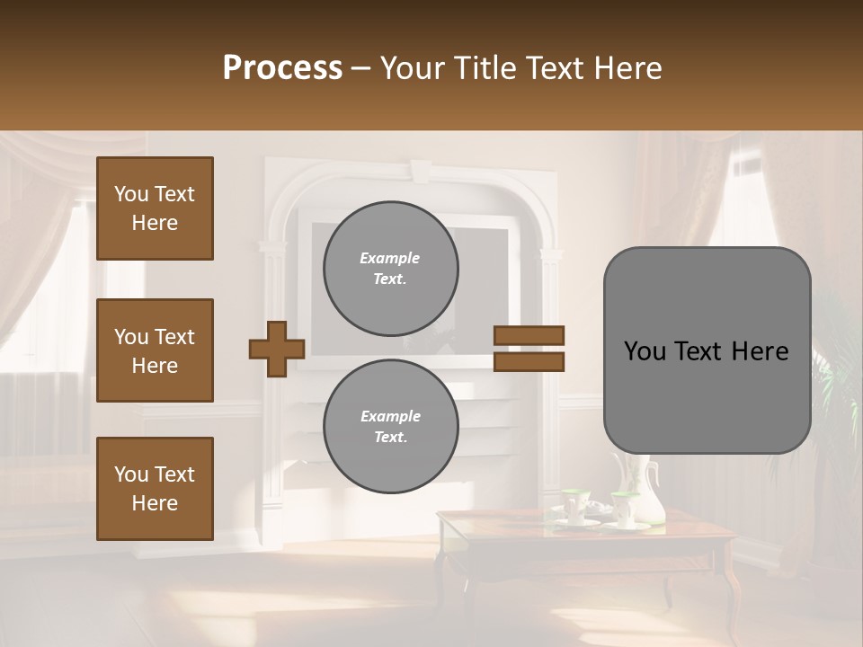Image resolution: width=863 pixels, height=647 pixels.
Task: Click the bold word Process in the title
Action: tap(282, 68)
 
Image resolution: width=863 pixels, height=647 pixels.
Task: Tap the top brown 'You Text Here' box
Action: tap(155, 208)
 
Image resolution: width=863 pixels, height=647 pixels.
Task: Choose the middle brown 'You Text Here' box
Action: tap(155, 350)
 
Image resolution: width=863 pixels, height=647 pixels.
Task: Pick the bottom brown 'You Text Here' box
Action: tap(155, 489)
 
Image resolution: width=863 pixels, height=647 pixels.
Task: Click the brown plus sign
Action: tap(277, 349)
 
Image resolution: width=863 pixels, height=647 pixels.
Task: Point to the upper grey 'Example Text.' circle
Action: tap(390, 269)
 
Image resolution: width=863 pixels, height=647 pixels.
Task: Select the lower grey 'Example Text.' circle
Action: tap(390, 427)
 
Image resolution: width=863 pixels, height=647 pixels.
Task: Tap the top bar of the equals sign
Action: tap(529, 336)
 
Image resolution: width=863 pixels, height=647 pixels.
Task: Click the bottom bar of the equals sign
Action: tap(529, 361)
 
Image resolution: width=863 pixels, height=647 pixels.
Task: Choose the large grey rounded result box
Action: tap(707, 395)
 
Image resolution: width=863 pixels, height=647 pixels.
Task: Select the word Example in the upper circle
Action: tap(390, 258)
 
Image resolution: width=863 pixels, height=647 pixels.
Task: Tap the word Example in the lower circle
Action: tap(390, 416)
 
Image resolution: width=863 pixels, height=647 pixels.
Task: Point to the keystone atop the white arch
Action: tap(421, 171)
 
